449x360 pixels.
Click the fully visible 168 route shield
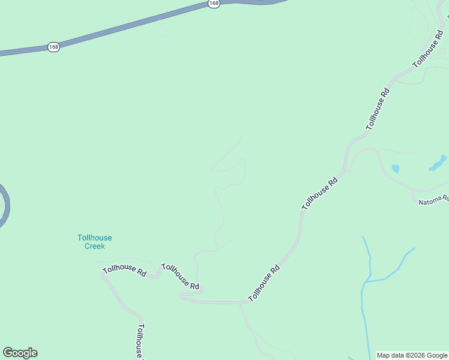point(53,47)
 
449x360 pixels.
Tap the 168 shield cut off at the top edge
point(214,3)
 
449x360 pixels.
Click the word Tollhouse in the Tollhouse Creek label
point(94,238)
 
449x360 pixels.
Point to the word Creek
point(94,246)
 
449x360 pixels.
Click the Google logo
point(20,353)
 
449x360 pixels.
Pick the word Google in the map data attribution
point(437,355)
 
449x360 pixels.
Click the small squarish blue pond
point(395,169)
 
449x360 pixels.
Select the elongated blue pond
point(438,163)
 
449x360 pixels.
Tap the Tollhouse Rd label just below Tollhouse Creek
point(124,271)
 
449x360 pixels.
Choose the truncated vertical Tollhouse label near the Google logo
point(140,341)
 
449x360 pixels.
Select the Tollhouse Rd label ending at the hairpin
point(180,277)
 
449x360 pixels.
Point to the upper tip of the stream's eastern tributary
point(414,248)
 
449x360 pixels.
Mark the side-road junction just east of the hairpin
point(240,302)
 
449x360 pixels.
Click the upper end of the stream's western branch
point(364,238)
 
